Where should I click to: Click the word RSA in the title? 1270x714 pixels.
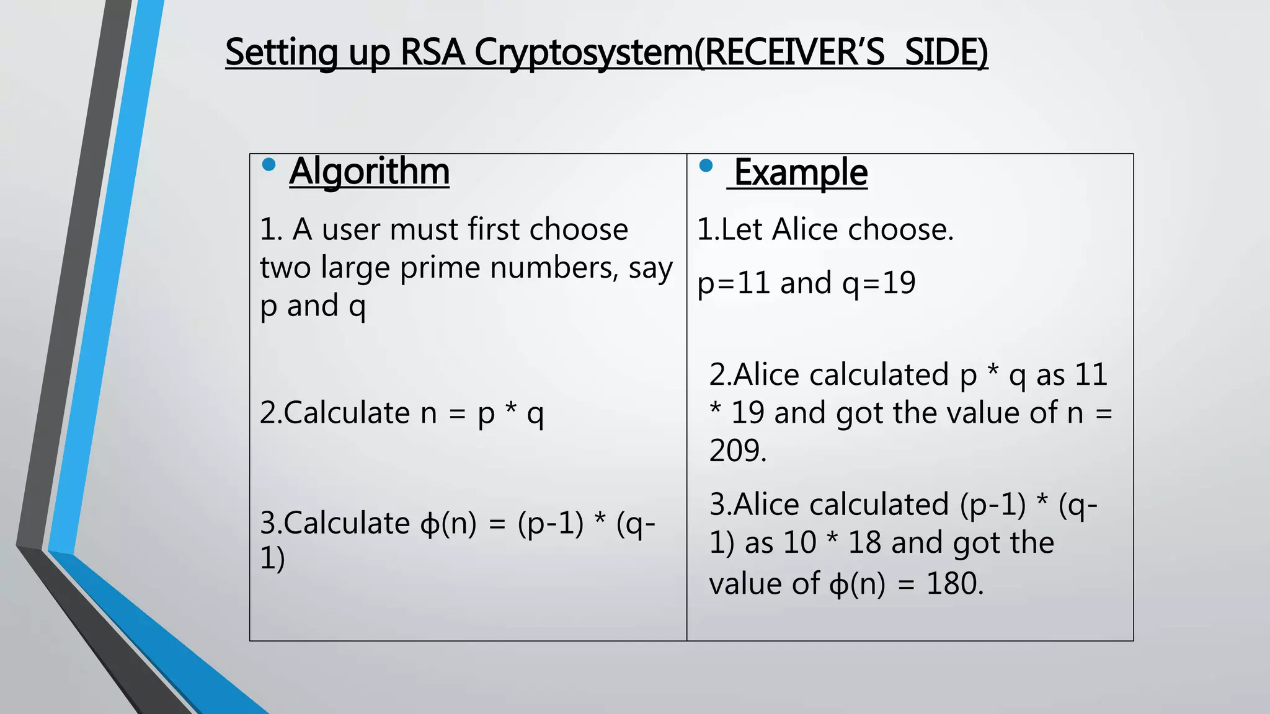(x=432, y=52)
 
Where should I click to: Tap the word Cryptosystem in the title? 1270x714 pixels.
(x=584, y=53)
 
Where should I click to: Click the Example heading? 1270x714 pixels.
(x=801, y=172)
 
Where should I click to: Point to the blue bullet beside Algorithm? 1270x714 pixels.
(x=269, y=165)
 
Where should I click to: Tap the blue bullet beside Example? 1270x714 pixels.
(x=706, y=165)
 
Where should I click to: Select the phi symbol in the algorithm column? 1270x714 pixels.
(x=429, y=524)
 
